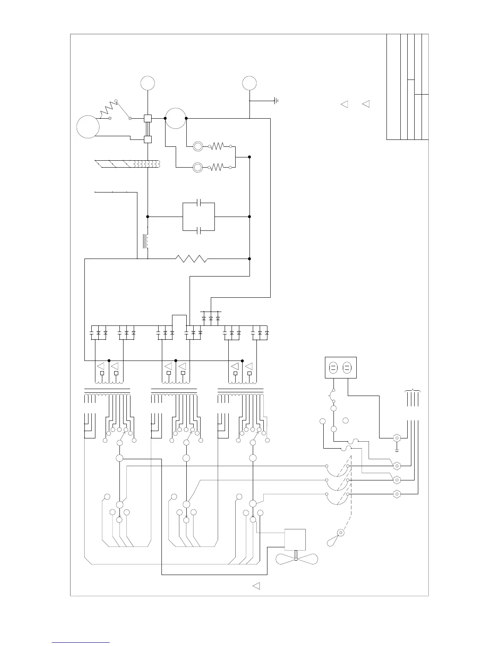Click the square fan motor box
coord(295,539)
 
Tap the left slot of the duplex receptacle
coord(333,368)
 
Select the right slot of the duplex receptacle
coord(347,368)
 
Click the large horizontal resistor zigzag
coord(192,259)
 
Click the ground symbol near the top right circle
coord(276,100)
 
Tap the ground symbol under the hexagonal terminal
coord(396,450)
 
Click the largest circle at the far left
coord(88,126)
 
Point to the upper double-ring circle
coord(198,146)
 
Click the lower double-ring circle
coord(198,167)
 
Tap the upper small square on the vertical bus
coord(148,118)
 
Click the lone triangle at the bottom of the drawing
coord(256,586)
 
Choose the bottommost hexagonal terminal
coord(396,494)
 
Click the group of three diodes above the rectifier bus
coord(210,318)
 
